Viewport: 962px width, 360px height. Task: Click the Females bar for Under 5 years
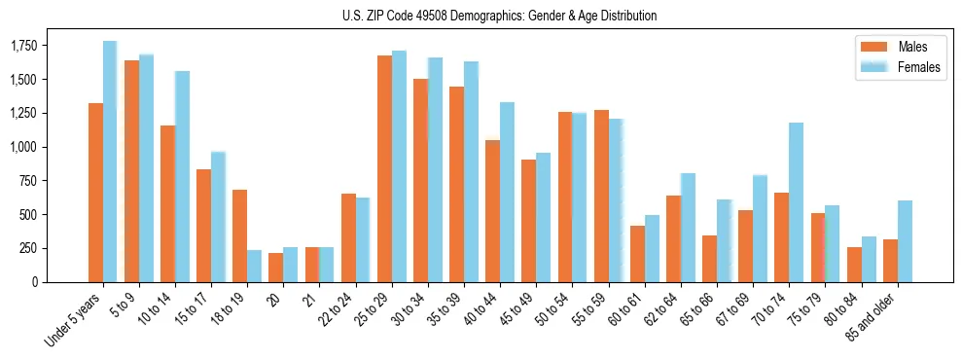(110, 162)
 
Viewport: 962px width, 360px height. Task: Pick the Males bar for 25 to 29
(384, 168)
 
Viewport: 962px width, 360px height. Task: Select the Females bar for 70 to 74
(796, 202)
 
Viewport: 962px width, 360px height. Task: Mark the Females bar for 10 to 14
(182, 176)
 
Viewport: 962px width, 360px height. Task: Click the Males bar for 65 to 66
(709, 259)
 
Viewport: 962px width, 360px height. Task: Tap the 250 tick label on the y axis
(58, 248)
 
